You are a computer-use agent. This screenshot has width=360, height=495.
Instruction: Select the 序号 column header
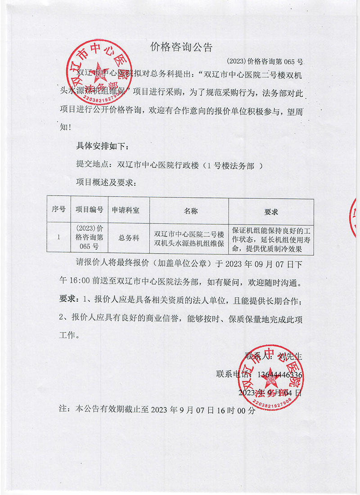pos(58,210)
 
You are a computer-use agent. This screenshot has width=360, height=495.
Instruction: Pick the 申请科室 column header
pos(126,210)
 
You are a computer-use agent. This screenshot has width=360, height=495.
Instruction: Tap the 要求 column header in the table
pos(271,212)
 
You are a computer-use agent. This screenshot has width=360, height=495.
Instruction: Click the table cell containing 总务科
pos(129,237)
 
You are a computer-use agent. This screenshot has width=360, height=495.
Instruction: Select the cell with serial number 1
pos(58,237)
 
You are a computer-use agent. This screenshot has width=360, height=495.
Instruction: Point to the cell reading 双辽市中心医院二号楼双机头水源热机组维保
pos(189,239)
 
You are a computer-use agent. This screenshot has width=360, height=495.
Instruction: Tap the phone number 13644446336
pos(279,374)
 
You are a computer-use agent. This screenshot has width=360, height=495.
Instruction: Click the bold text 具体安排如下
pos(103,147)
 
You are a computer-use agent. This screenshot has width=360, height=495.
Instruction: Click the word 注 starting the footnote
pos(63,410)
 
